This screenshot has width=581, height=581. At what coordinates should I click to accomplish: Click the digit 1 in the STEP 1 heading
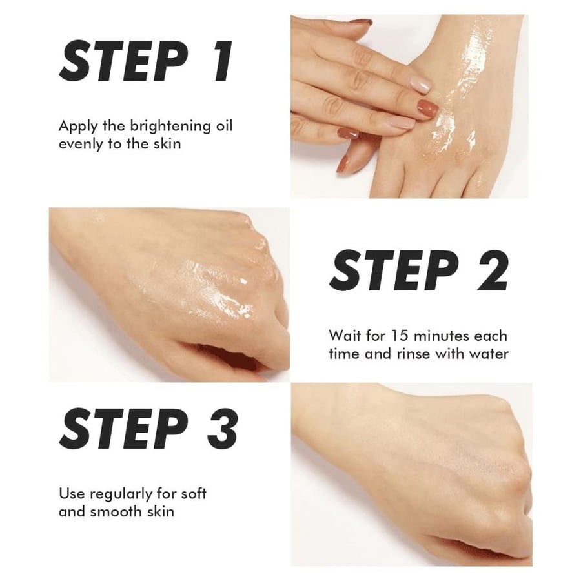click(x=221, y=61)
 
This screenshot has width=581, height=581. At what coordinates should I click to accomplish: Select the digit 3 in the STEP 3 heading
click(x=222, y=429)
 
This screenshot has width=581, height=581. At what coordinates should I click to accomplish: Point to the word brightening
click(x=170, y=127)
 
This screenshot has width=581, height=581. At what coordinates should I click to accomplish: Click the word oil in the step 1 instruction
click(x=224, y=126)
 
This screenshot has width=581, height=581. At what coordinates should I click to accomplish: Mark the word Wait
click(x=345, y=336)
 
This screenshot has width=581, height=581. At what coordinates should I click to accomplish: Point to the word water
click(x=489, y=354)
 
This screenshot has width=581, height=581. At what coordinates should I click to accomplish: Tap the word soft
click(x=194, y=494)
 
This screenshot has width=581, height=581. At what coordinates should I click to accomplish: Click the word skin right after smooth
click(x=160, y=512)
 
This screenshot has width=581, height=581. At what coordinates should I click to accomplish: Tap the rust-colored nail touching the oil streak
click(x=427, y=108)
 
